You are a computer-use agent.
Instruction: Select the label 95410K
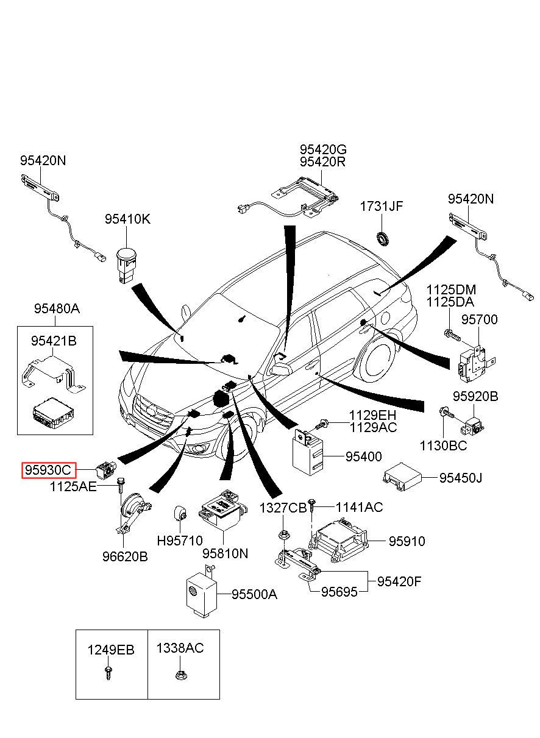pyautogui.click(x=127, y=219)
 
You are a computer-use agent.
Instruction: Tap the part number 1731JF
pyautogui.click(x=381, y=206)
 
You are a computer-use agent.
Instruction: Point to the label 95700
pyautogui.click(x=479, y=320)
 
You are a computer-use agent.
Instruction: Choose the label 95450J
pyautogui.click(x=461, y=478)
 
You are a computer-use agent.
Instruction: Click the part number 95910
pyautogui.click(x=407, y=541)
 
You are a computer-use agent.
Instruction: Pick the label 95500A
pyautogui.click(x=254, y=594)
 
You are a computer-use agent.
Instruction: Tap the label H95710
pyautogui.click(x=180, y=540)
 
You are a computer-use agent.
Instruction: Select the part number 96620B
pyautogui.click(x=125, y=556)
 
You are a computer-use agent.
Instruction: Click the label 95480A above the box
pyautogui.click(x=57, y=309)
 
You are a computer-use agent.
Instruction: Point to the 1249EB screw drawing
pyautogui.click(x=107, y=673)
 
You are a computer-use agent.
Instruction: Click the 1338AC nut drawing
pyautogui.click(x=179, y=675)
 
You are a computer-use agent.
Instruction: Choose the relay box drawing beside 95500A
pyautogui.click(x=201, y=590)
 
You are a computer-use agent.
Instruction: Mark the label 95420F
pyautogui.click(x=399, y=581)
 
